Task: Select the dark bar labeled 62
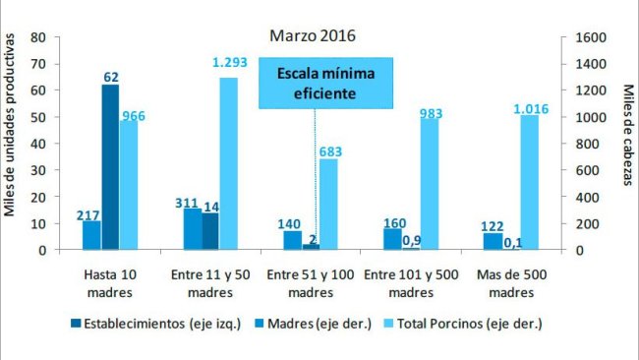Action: click(x=109, y=167)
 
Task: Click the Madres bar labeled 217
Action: click(x=91, y=235)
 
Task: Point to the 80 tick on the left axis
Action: click(x=40, y=37)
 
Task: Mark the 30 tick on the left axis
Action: click(x=40, y=170)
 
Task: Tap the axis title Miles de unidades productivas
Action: click(x=12, y=125)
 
